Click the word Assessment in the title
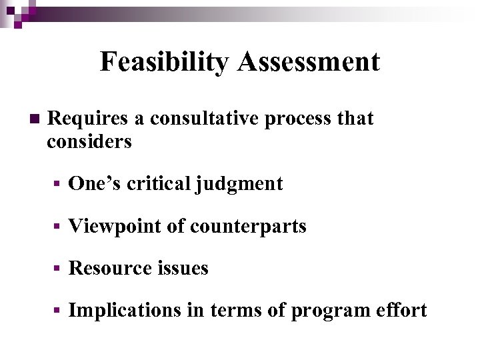(x=308, y=62)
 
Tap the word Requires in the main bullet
(x=89, y=119)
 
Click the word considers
(x=89, y=141)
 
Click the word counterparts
(x=248, y=227)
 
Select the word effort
(x=403, y=311)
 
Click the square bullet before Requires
(x=34, y=119)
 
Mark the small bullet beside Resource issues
(x=59, y=269)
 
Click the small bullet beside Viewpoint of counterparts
(x=59, y=227)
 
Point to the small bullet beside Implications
(x=59, y=311)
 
